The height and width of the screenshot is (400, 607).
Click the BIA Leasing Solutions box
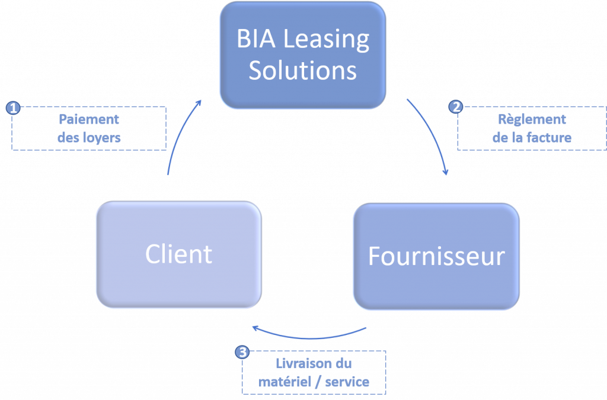(x=302, y=55)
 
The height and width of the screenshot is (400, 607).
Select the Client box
(x=178, y=254)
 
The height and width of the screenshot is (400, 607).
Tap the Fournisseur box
(x=436, y=256)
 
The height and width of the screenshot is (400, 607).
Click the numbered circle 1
(x=12, y=108)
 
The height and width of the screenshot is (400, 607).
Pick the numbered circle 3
(x=242, y=352)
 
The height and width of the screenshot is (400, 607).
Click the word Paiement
(x=89, y=119)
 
